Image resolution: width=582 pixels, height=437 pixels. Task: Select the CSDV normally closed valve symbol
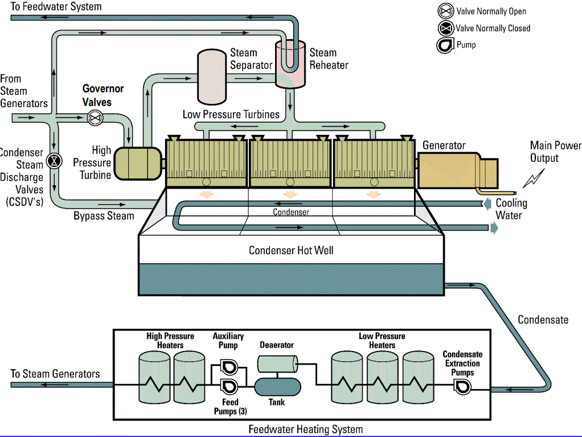[x=54, y=161]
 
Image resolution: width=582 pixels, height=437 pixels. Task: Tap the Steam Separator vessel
[x=211, y=76]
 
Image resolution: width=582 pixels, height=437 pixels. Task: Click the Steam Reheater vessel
[x=290, y=64]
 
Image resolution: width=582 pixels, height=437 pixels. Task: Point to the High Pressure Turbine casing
[x=137, y=164]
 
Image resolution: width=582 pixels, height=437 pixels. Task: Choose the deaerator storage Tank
[x=277, y=386]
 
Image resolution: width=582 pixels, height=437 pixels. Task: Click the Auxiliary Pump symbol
[x=229, y=365]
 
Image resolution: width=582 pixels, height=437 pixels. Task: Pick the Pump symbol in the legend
[x=445, y=46]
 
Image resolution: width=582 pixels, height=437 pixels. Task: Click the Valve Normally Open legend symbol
[x=445, y=11]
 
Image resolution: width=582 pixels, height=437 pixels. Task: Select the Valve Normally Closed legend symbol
[x=445, y=28]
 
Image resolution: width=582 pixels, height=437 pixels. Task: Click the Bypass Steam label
[x=104, y=216]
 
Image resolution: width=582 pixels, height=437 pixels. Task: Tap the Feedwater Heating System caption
[x=305, y=429]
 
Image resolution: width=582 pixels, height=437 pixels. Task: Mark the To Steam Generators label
[x=55, y=374]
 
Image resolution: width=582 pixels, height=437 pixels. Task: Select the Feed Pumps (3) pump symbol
[x=229, y=386]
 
